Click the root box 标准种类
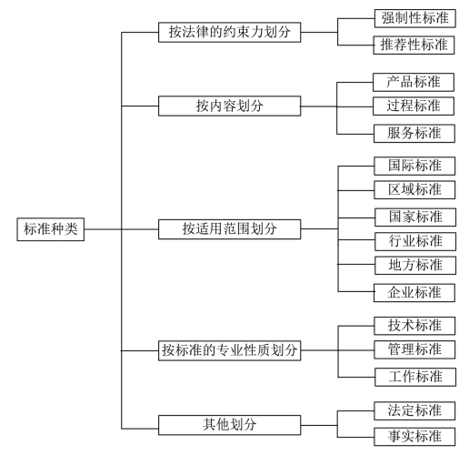(51, 229)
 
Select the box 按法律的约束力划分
(230, 32)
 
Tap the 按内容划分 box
(230, 106)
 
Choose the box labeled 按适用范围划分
(230, 229)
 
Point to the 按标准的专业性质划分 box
(230, 350)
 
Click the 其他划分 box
(230, 425)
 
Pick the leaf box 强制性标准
(415, 18)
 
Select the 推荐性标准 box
(414, 45)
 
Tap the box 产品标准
(414, 82)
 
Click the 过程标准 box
(414, 106)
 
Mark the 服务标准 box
(414, 134)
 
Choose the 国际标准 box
(414, 166)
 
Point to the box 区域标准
(414, 190)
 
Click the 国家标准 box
(415, 217)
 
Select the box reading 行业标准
(415, 241)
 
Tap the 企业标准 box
(414, 293)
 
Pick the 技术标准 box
(414, 326)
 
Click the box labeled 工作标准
(415, 377)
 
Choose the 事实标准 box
(414, 437)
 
